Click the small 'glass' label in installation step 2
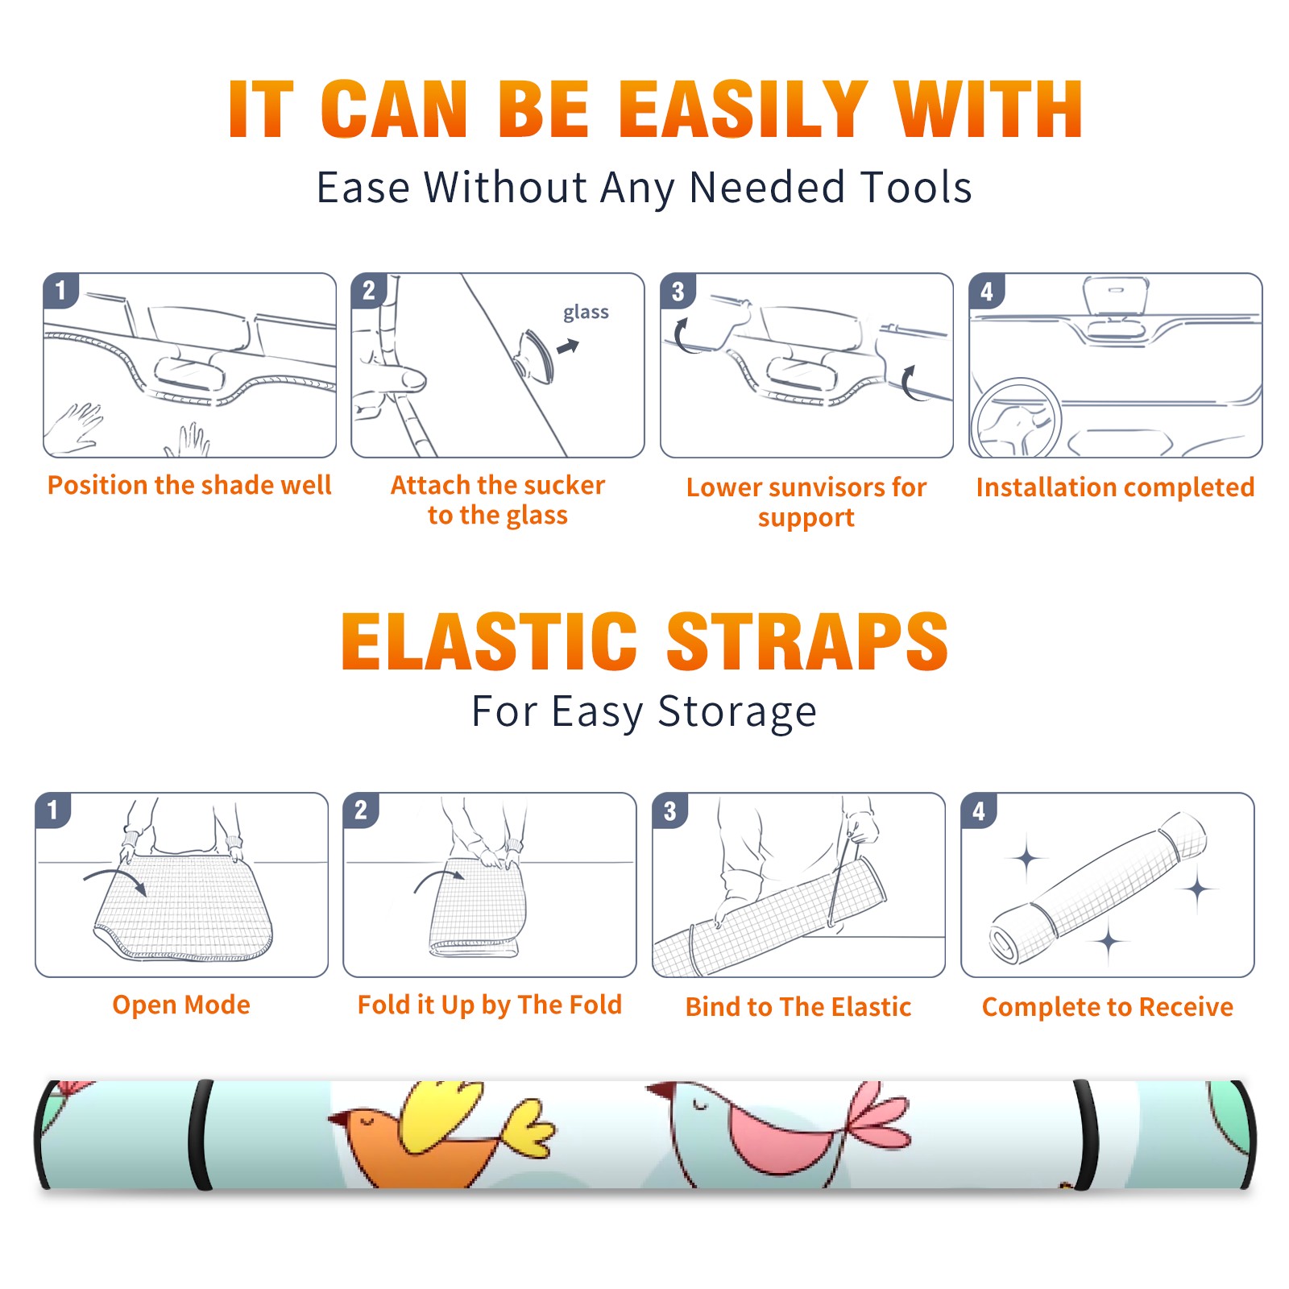click(x=586, y=313)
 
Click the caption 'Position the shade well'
click(x=189, y=485)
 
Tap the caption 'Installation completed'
click(x=1115, y=487)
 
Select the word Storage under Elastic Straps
click(x=737, y=712)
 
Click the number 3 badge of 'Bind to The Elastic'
click(x=670, y=810)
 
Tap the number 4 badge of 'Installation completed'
click(x=987, y=291)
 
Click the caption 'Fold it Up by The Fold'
click(x=490, y=1005)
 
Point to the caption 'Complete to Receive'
click(x=1108, y=1007)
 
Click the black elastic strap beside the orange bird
click(x=200, y=1134)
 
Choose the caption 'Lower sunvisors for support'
click(x=806, y=502)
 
